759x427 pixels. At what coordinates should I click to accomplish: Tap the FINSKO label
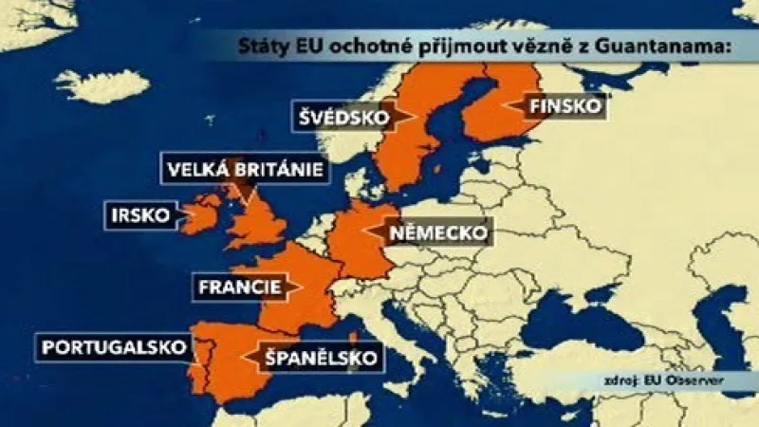(564, 106)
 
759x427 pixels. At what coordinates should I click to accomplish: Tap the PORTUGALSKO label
(112, 347)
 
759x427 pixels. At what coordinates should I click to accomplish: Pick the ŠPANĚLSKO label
(313, 358)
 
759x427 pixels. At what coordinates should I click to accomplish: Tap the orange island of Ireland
(199, 216)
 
